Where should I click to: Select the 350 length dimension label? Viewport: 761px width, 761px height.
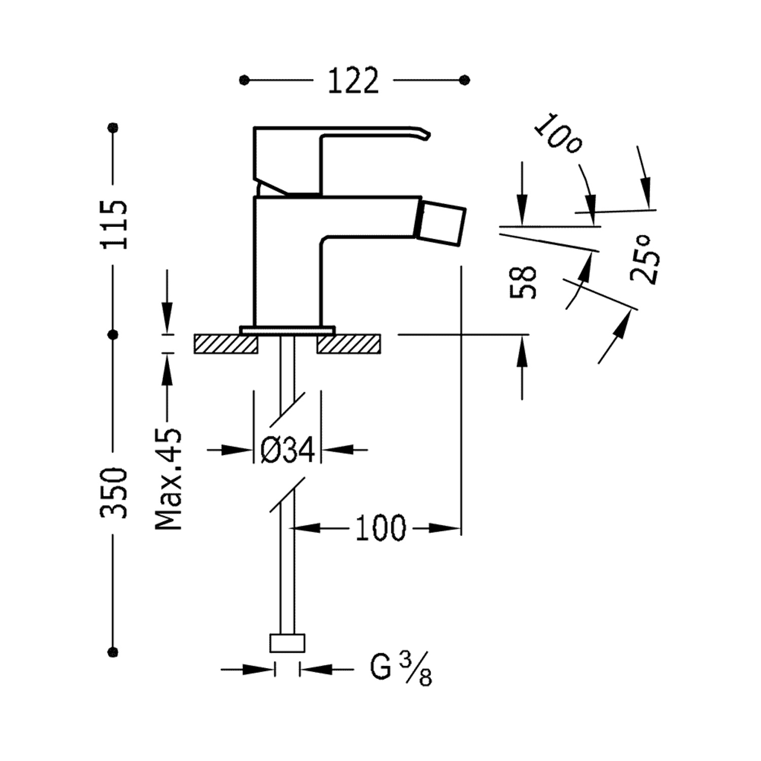tap(114, 493)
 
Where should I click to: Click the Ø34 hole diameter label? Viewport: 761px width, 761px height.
tap(288, 449)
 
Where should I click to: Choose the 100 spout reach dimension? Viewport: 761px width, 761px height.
tap(380, 528)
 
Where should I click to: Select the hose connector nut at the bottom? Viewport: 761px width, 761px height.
tap(287, 643)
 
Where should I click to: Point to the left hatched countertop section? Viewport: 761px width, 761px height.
tap(225, 344)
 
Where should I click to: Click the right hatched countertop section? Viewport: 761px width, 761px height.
tap(349, 344)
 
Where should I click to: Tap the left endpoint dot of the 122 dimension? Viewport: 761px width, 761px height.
tap(245, 80)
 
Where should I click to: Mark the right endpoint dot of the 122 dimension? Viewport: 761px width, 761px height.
tap(464, 80)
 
